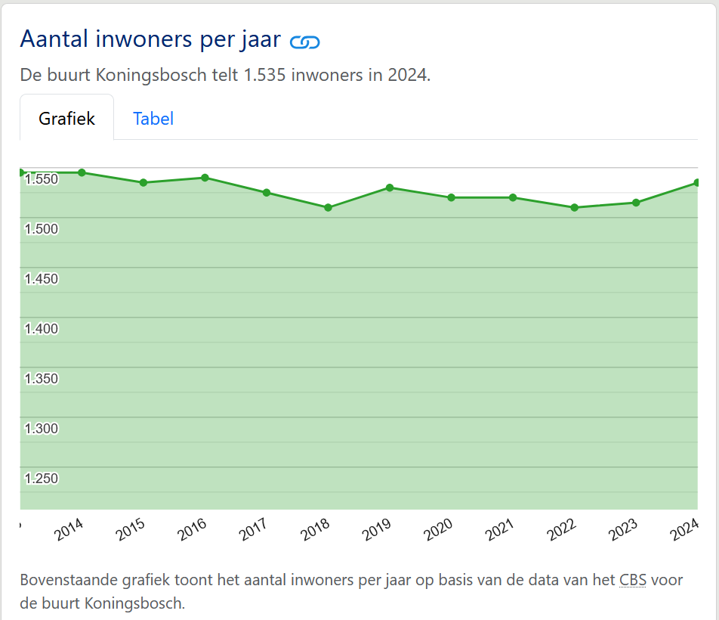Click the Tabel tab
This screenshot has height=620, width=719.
point(153,119)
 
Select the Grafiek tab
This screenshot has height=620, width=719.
point(67,119)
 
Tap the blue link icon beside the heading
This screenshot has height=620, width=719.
point(305,42)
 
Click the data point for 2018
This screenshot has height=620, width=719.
point(328,207)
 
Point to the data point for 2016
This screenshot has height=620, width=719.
point(205,178)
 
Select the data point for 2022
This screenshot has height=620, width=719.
point(574,207)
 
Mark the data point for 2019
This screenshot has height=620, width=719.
point(390,188)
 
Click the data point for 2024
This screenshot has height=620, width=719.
point(697,182)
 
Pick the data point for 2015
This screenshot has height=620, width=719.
point(143,182)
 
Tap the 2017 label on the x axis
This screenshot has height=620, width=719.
point(254,530)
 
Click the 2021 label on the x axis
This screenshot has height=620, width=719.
point(500,530)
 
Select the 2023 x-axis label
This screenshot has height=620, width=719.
point(623,530)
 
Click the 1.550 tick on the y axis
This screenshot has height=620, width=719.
point(42,179)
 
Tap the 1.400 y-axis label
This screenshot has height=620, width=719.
point(42,329)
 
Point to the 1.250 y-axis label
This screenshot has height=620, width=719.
point(42,479)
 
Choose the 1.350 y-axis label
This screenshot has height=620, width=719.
point(42,379)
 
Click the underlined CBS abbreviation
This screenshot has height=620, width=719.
point(632,581)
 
